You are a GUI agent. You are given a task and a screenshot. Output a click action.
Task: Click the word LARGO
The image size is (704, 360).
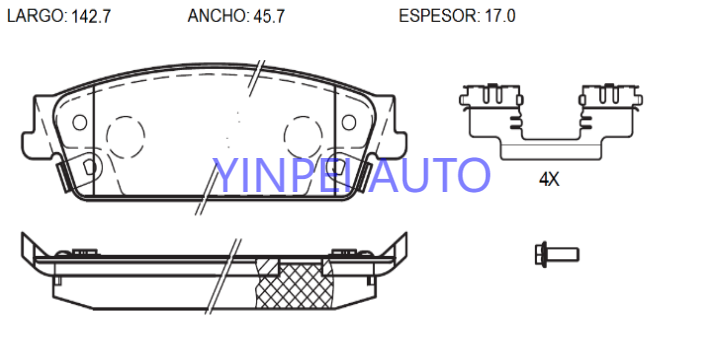35,16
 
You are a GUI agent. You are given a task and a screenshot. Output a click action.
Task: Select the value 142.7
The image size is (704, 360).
91,17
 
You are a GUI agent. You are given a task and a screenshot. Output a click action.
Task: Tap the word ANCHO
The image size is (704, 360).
217,16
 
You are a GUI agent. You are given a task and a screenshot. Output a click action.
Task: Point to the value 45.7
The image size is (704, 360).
269,17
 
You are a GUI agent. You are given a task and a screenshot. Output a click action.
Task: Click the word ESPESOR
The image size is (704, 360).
438,16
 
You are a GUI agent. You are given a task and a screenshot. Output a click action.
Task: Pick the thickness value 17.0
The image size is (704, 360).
500,17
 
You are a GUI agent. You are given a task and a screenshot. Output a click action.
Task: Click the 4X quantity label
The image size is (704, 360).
549,180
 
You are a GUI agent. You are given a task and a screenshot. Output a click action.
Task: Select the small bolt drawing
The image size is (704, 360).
557,255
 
